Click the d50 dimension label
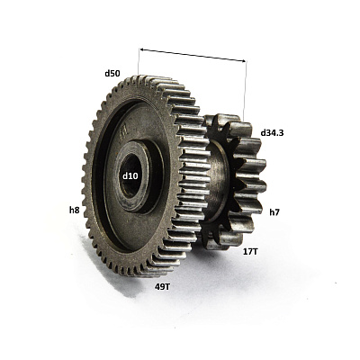click(x=112, y=73)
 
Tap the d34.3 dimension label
click(x=272, y=132)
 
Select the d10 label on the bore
click(x=130, y=176)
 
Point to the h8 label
click(x=75, y=211)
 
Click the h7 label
click(x=274, y=212)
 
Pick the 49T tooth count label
click(x=162, y=287)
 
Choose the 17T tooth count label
click(x=250, y=251)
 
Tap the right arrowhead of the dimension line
click(x=242, y=61)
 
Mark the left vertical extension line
click(x=139, y=61)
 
